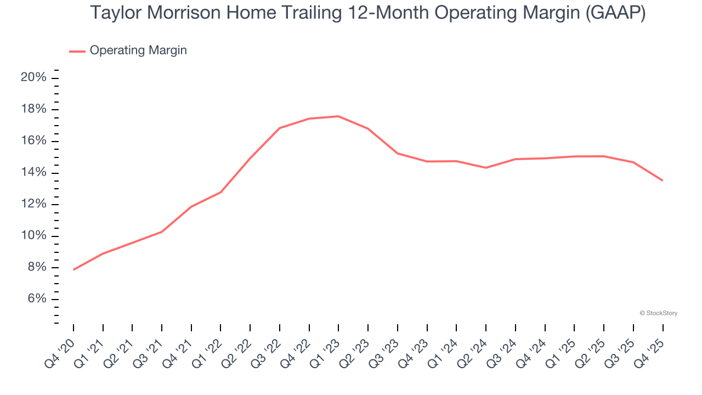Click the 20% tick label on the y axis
[x=33, y=78]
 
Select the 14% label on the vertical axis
[x=33, y=173]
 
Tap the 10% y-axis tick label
[x=33, y=236]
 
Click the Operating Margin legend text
[x=138, y=50]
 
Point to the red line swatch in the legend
[x=77, y=51]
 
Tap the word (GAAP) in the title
[x=615, y=13]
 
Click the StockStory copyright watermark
[x=658, y=313]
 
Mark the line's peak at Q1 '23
[x=338, y=116]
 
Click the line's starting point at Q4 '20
[x=73, y=269]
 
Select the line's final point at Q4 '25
[x=663, y=180]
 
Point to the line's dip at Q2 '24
[x=486, y=167]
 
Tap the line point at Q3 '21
[x=162, y=232]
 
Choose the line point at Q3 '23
[x=398, y=153]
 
